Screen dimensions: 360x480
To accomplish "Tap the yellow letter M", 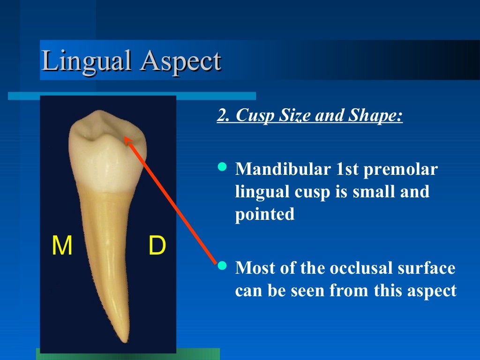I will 62,247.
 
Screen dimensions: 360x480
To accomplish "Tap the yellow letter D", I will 157,247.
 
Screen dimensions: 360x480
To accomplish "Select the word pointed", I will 265,215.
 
